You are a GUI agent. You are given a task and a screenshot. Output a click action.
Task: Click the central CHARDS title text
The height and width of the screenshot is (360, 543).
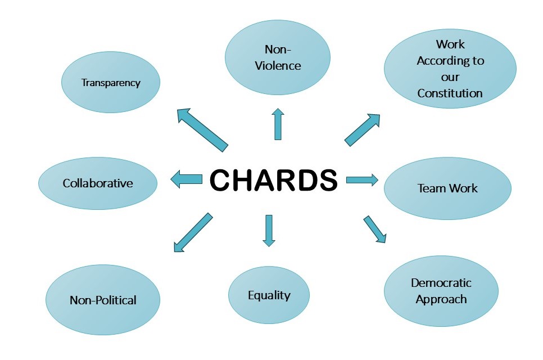coord(273,180)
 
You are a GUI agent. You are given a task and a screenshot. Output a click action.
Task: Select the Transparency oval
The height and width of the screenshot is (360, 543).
coord(111,83)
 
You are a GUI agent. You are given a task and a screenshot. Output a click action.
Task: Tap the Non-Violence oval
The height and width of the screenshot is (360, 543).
coord(277,57)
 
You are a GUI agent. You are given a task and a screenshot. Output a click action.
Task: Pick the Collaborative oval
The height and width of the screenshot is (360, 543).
coord(98,183)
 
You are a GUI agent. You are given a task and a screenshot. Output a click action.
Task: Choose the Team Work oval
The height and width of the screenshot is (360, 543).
coord(447,188)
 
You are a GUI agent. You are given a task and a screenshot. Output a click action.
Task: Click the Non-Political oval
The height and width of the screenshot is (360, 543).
coord(103,300)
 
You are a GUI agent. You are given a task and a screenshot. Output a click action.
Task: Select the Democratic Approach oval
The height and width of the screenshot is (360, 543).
coord(441,291)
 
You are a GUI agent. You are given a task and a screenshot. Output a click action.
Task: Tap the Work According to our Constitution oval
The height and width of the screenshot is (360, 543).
coord(450,69)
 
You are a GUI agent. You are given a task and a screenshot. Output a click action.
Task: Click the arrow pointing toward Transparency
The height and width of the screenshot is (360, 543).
coord(201,129)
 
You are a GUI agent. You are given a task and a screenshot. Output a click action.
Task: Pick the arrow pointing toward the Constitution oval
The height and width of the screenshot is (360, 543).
coord(362,130)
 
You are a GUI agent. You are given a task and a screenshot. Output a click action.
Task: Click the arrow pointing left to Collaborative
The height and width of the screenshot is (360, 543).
coord(187,179)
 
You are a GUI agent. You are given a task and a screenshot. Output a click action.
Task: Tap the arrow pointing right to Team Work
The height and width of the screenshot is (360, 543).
coord(361,179)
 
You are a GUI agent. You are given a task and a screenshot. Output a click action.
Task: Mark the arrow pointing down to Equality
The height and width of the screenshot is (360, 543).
coord(269,231)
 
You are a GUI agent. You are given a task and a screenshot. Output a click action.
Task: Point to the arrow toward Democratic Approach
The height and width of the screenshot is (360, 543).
coord(374,228)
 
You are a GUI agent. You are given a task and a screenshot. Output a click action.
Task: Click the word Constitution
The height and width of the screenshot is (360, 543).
coord(450,93)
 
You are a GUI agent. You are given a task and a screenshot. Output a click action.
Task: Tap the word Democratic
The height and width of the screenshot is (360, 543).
coord(441,283)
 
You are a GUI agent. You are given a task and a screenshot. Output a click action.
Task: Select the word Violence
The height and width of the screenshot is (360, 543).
coord(278,66)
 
